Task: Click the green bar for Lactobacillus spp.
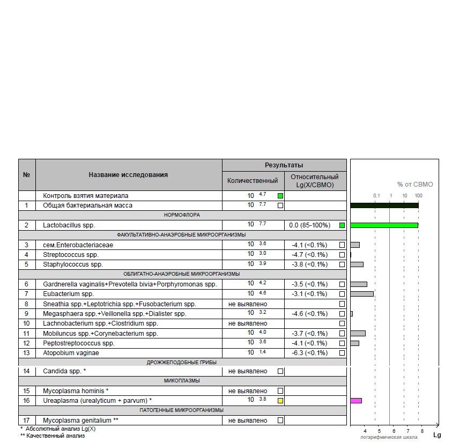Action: tap(384, 225)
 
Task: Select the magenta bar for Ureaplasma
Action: tap(356, 401)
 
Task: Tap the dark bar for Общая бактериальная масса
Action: tap(384, 205)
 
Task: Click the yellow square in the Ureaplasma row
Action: tap(280, 401)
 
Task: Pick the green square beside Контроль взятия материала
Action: tap(280, 196)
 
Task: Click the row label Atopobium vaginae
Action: tap(71, 353)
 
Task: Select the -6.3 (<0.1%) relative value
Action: tap(309, 353)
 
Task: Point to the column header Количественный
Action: tap(253, 181)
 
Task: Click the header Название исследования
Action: tap(128, 174)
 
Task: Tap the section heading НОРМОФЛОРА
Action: tap(182, 215)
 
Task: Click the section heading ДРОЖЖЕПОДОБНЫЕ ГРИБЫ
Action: tap(182, 362)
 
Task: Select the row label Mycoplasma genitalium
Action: tap(80, 421)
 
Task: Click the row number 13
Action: tap(27, 353)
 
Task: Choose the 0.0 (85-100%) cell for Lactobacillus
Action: tap(309, 225)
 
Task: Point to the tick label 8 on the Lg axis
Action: tap(422, 431)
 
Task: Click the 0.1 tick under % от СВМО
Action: tap(376, 196)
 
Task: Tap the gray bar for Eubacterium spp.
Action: tap(361, 294)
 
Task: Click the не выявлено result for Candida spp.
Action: tap(248, 371)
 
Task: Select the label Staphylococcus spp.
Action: tap(72, 264)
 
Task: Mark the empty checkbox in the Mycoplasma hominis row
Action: tap(280, 391)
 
